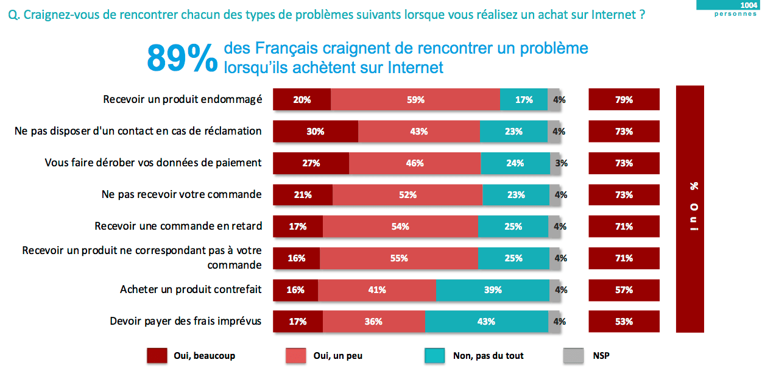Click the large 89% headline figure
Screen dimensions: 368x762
[x=182, y=58]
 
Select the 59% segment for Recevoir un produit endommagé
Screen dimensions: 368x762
[x=415, y=100]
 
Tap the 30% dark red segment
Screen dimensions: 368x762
[x=316, y=132]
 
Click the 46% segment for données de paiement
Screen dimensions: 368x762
[x=415, y=163]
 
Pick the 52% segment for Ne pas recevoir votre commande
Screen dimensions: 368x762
[x=407, y=195]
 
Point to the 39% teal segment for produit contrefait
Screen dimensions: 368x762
[x=492, y=290]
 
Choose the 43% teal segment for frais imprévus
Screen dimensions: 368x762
[x=486, y=322]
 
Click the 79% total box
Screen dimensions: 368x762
[x=624, y=100]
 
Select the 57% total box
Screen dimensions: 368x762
[x=624, y=290]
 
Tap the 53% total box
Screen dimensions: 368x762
[x=624, y=322]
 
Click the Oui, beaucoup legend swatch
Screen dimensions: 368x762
[x=157, y=356]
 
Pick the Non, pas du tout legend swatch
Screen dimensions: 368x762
[x=435, y=356]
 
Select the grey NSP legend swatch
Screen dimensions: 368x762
[x=574, y=356]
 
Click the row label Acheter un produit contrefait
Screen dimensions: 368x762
[x=191, y=289]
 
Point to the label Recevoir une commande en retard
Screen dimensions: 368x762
[x=178, y=226]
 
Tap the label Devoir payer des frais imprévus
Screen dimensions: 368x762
[x=186, y=321]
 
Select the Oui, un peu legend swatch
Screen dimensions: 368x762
[x=295, y=356]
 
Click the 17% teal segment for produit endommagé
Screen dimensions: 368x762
[x=524, y=100]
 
